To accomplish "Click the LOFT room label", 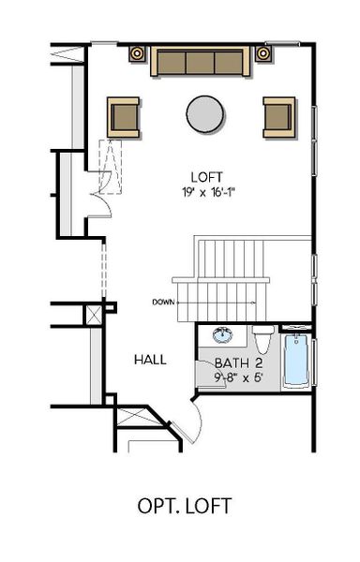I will coord(205,177).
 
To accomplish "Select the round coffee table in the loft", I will coord(205,114).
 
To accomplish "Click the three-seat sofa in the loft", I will coord(199,62).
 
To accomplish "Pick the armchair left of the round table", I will coord(125,115).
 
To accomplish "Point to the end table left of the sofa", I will coord(138,52).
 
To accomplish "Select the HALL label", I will coord(150,359).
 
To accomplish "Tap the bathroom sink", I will coord(223,336).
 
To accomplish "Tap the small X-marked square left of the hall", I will coord(94,315).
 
